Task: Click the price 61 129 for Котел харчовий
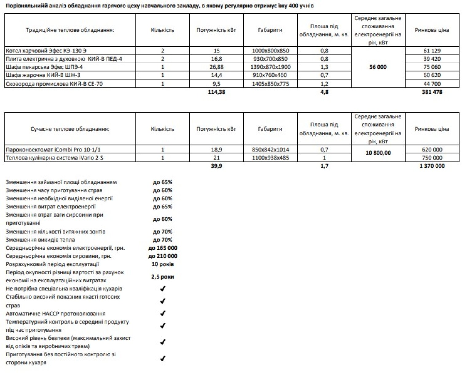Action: point(432,51)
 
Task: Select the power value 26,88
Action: point(216,67)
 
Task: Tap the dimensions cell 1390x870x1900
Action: point(270,67)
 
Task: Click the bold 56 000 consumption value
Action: point(378,67)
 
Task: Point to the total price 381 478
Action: point(432,92)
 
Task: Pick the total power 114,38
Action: point(216,92)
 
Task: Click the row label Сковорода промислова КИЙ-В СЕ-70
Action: point(54,83)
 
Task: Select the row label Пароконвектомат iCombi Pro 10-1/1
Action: point(53,149)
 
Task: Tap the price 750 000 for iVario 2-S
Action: point(432,158)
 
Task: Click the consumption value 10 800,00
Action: point(378,153)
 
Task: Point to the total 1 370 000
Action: point(432,166)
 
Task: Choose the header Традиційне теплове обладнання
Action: point(70,30)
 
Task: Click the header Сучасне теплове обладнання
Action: point(70,129)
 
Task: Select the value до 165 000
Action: point(163,248)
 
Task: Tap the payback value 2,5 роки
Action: point(163,277)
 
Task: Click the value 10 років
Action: point(163,264)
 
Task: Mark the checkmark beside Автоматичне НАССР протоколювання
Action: point(163,313)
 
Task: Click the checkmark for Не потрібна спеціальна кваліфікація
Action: point(163,288)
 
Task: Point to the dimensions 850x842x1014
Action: point(270,149)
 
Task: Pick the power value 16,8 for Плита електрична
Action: point(216,59)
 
